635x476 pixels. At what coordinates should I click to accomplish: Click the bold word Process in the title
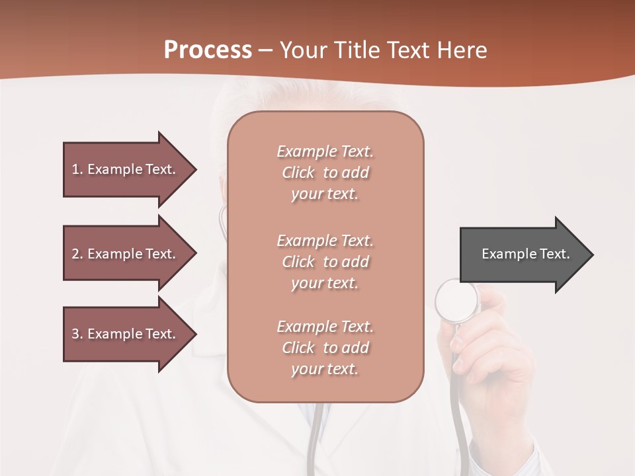(208, 50)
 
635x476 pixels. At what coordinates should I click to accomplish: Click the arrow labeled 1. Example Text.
(126, 169)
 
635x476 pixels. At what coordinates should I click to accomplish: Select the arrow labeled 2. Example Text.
(126, 254)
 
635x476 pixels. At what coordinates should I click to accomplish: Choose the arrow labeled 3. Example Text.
(126, 334)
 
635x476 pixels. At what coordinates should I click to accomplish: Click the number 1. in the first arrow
(77, 169)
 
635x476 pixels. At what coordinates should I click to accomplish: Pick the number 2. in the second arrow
(77, 254)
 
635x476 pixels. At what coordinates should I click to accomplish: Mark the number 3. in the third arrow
(77, 334)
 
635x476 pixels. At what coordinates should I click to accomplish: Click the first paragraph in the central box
(325, 173)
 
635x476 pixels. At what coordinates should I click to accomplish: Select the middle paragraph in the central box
(325, 262)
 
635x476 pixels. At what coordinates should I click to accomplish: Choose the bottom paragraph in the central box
(325, 348)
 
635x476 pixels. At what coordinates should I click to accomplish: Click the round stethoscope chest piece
(456, 301)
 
